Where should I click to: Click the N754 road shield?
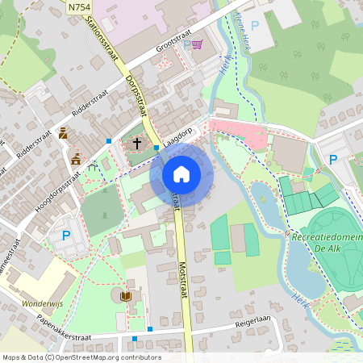pos(79,7)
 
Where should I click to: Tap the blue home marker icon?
pos(181,173)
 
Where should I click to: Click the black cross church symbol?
pos(137,144)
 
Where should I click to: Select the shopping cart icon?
pos(196,45)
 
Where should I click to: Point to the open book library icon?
pos(125,297)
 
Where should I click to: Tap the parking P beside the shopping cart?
pos(186,45)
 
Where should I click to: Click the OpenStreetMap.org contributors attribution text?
pos(110,357)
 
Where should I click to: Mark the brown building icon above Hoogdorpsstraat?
pos(76,159)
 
